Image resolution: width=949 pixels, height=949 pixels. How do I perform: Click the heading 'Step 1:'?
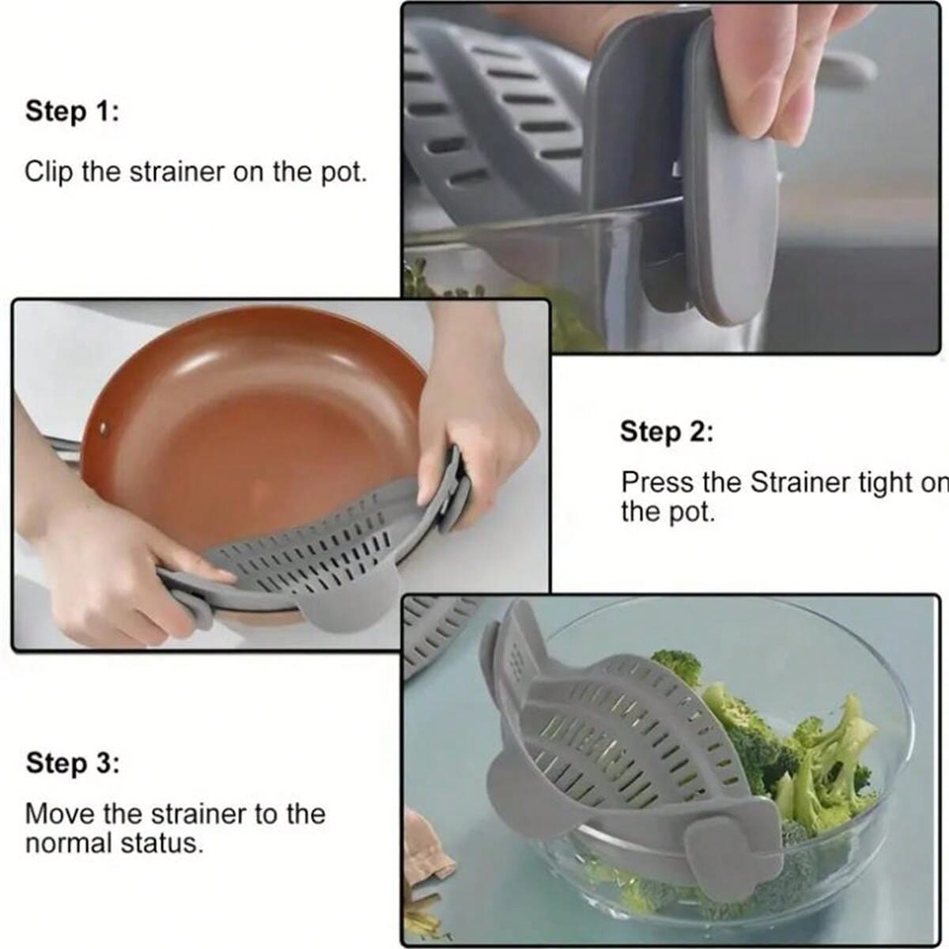click(x=72, y=112)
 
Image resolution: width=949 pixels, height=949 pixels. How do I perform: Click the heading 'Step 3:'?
click(x=73, y=764)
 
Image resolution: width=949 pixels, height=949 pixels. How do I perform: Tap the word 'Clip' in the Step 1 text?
click(x=50, y=172)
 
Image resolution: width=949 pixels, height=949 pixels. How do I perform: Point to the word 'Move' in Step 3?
click(x=56, y=814)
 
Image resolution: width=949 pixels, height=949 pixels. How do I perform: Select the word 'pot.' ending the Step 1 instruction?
click(x=344, y=172)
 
